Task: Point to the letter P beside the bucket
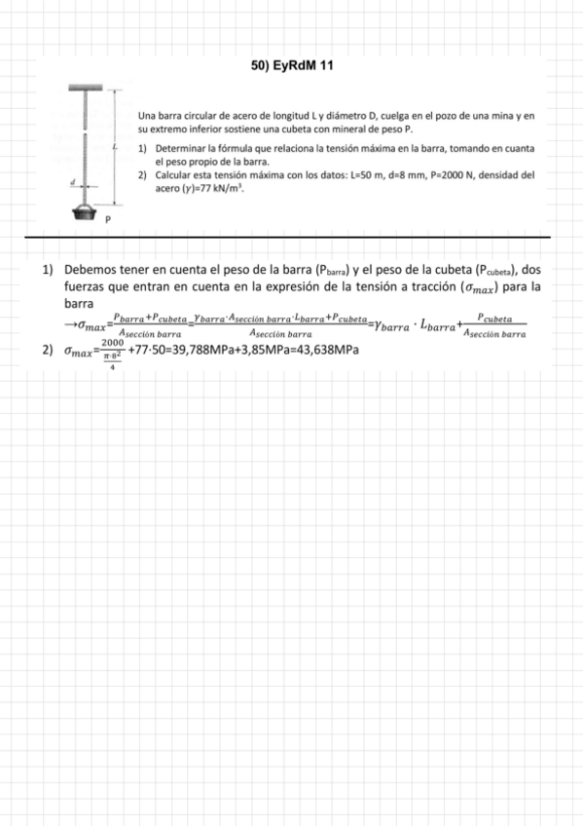tap(107, 221)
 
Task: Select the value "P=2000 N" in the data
tap(457, 174)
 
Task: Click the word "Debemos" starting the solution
tap(91, 270)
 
